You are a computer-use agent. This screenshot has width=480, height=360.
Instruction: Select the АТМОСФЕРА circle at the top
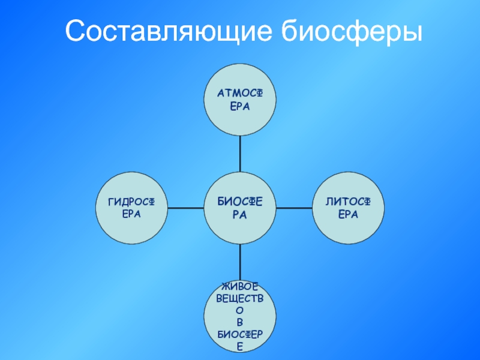[x=240, y=99]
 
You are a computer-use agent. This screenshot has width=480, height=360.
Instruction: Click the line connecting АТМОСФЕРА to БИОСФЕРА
[x=240, y=154]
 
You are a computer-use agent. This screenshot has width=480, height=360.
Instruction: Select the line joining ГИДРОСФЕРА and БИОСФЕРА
[x=185, y=208]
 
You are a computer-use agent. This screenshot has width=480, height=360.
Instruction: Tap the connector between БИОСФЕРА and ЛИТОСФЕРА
[x=294, y=208]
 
